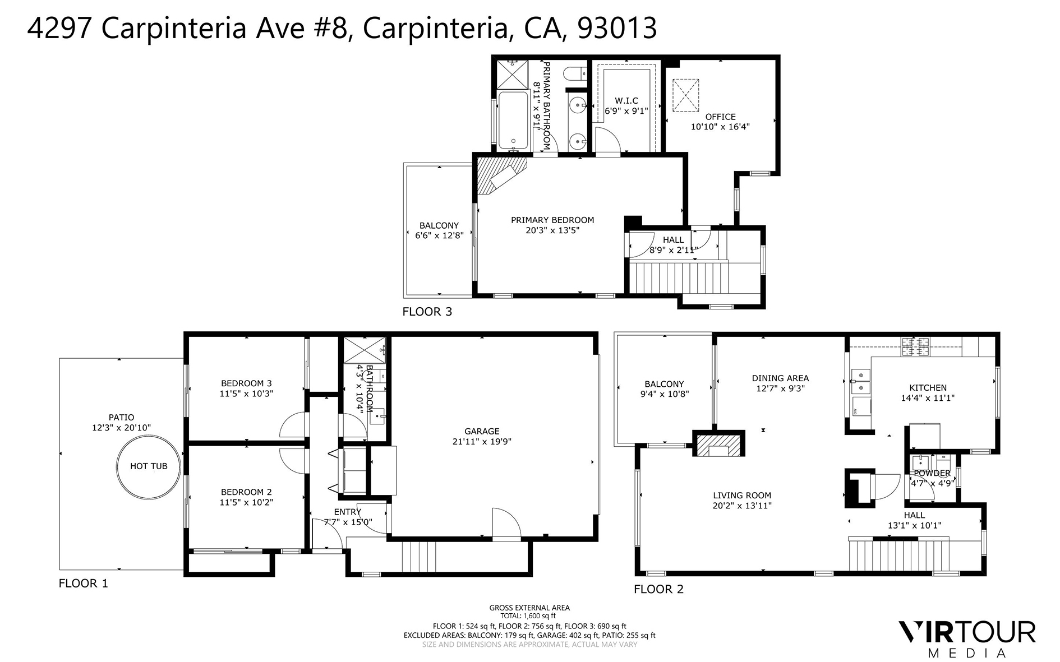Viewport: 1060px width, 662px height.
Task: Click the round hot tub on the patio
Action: (149, 466)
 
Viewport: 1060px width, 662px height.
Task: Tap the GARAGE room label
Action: (482, 431)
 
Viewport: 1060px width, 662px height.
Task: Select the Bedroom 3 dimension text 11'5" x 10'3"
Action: (246, 394)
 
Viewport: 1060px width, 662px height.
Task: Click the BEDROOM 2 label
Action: (246, 492)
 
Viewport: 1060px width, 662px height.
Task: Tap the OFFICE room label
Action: (720, 117)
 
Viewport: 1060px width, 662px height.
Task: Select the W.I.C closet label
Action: (626, 101)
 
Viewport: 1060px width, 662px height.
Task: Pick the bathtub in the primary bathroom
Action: (513, 121)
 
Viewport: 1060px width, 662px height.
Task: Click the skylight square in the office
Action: (685, 95)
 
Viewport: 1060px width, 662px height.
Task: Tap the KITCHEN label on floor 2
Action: (928, 387)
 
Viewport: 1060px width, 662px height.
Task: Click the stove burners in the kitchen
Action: (915, 347)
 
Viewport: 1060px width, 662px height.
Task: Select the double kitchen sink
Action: (860, 381)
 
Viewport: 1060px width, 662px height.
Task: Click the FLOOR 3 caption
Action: (427, 312)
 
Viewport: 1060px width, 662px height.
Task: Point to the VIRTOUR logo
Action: (967, 632)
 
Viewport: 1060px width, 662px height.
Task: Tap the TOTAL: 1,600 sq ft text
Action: (529, 615)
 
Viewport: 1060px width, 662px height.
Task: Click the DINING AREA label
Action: (780, 378)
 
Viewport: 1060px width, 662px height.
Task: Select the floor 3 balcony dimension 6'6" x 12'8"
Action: (439, 235)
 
